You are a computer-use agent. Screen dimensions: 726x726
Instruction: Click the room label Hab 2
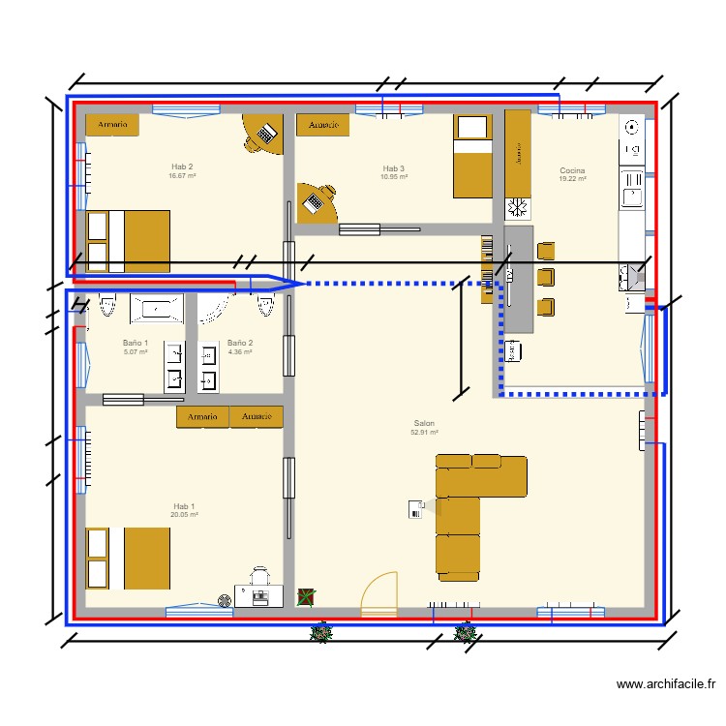(182, 166)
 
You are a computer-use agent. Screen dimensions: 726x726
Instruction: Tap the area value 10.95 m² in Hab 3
(394, 177)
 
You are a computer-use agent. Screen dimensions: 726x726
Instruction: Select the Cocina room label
(572, 170)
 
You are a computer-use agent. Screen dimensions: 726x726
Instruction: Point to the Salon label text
(424, 424)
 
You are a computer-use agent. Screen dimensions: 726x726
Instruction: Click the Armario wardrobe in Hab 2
(112, 125)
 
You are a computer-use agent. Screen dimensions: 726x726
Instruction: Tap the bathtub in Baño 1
(156, 308)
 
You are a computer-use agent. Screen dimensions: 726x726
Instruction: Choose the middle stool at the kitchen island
(546, 278)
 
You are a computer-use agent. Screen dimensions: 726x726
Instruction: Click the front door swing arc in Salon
(379, 591)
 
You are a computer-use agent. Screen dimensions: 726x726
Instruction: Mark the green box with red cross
(306, 597)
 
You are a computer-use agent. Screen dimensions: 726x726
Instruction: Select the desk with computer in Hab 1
(259, 595)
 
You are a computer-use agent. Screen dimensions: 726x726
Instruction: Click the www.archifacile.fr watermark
(667, 684)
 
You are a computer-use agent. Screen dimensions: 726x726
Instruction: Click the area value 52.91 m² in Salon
(424, 433)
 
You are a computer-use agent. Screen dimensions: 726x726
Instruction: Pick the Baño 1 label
(136, 343)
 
